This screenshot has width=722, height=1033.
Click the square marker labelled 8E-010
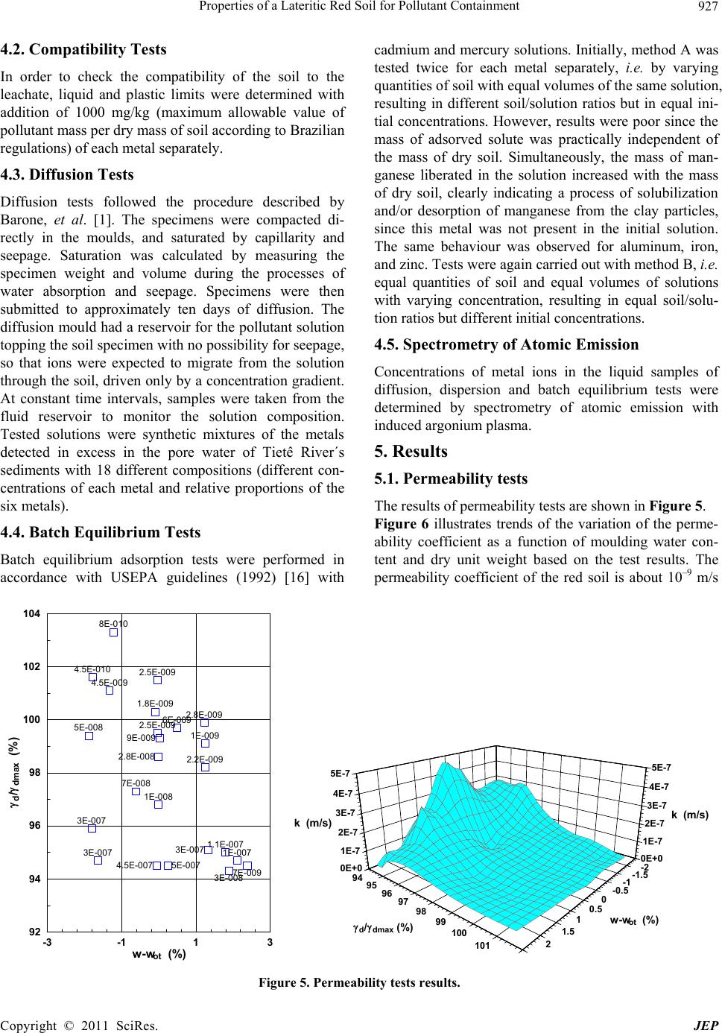point(114,633)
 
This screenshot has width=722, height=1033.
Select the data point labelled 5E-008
point(89,736)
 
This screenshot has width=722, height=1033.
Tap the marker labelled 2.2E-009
point(206,767)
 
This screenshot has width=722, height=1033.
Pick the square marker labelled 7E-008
point(136,792)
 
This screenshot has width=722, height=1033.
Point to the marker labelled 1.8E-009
point(155,713)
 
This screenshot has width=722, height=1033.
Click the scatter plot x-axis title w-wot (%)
point(158,955)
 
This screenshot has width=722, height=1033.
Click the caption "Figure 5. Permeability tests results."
point(360,982)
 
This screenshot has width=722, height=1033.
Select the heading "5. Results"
point(411,452)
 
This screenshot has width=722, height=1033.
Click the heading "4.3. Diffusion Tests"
point(67,175)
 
